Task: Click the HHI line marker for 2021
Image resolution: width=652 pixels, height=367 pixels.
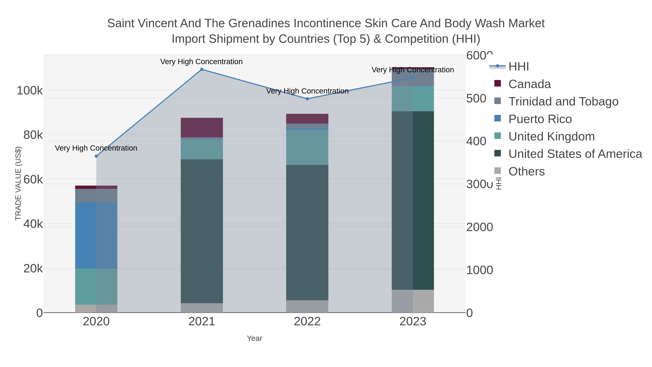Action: click(202, 69)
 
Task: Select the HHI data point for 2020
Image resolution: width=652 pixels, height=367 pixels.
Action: click(96, 156)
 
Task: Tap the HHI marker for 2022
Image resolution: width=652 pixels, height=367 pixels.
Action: click(307, 99)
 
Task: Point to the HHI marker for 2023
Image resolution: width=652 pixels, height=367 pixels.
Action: click(413, 78)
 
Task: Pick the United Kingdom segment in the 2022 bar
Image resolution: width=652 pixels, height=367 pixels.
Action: click(307, 147)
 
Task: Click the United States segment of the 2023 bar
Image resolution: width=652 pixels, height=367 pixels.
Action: click(413, 200)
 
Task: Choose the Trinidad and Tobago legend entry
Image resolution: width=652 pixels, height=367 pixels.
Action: click(563, 101)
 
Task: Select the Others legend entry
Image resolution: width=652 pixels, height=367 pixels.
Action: click(526, 171)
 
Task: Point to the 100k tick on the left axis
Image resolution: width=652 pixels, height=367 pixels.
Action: click(30, 91)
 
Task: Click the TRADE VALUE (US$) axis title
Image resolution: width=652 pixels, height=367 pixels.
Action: click(18, 183)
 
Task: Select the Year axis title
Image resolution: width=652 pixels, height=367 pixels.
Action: click(254, 338)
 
